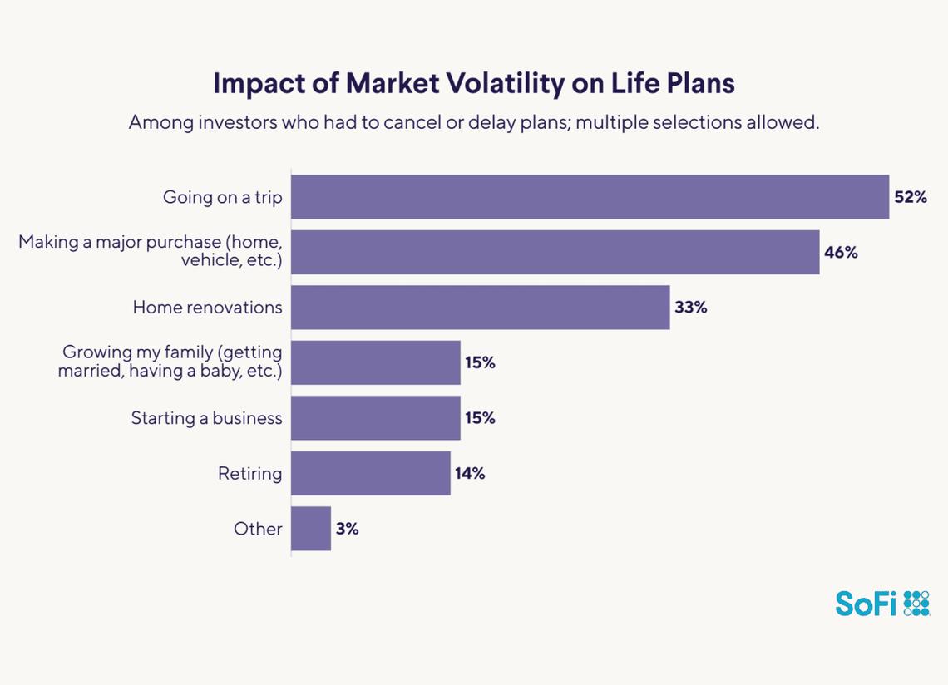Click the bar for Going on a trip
(590, 197)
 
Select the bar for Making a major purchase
(555, 252)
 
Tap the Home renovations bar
(480, 308)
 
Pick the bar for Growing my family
(375, 362)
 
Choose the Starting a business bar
(375, 418)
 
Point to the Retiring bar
(370, 474)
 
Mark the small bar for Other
(311, 529)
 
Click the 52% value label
(911, 197)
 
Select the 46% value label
(841, 252)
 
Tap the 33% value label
(691, 308)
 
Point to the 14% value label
(470, 474)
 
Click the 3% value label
(348, 529)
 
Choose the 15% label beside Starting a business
(480, 418)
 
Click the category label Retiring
(249, 474)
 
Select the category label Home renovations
(207, 308)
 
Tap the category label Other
(258, 529)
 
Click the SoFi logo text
(866, 603)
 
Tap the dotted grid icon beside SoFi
(916, 603)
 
